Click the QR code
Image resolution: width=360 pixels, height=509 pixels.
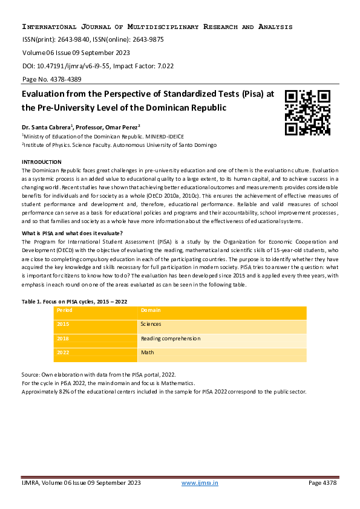pyautogui.click(x=308, y=112)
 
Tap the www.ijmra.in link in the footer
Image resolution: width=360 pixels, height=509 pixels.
pyautogui.click(x=200, y=482)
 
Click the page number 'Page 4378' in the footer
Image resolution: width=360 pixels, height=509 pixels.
pyautogui.click(x=322, y=482)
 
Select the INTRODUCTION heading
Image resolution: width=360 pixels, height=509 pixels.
pyautogui.click(x=42, y=162)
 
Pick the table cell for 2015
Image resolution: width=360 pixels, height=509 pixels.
pyautogui.click(x=63, y=325)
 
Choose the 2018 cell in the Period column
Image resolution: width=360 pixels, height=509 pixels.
pyautogui.click(x=63, y=339)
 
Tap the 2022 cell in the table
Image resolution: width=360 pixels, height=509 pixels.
pyautogui.click(x=63, y=352)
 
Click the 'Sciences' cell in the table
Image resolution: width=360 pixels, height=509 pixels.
pyautogui.click(x=151, y=325)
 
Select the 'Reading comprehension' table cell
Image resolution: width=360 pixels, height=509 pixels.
pyautogui.click(x=171, y=339)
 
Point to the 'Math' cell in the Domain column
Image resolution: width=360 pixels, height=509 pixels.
pyautogui.click(x=148, y=352)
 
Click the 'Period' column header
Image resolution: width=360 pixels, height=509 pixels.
pyautogui.click(x=64, y=311)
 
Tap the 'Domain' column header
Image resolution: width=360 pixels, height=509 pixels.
pyautogui.click(x=151, y=311)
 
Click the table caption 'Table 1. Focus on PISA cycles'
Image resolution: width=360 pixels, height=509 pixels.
pyautogui.click(x=74, y=300)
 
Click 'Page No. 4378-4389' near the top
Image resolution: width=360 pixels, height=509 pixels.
pyautogui.click(x=52, y=79)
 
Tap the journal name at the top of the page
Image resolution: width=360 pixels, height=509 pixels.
pyautogui.click(x=157, y=27)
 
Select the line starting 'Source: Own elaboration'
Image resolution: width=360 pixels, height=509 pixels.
pyautogui.click(x=99, y=375)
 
